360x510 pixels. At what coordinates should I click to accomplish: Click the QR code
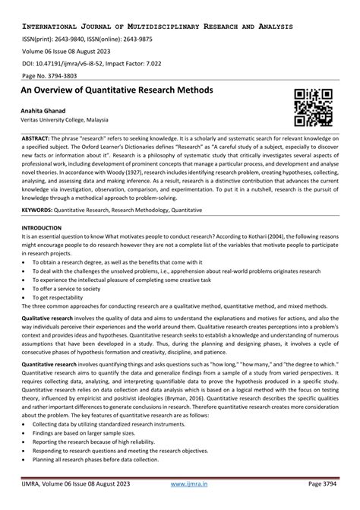[x=313, y=106]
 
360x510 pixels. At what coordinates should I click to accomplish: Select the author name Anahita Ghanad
[x=48, y=111]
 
